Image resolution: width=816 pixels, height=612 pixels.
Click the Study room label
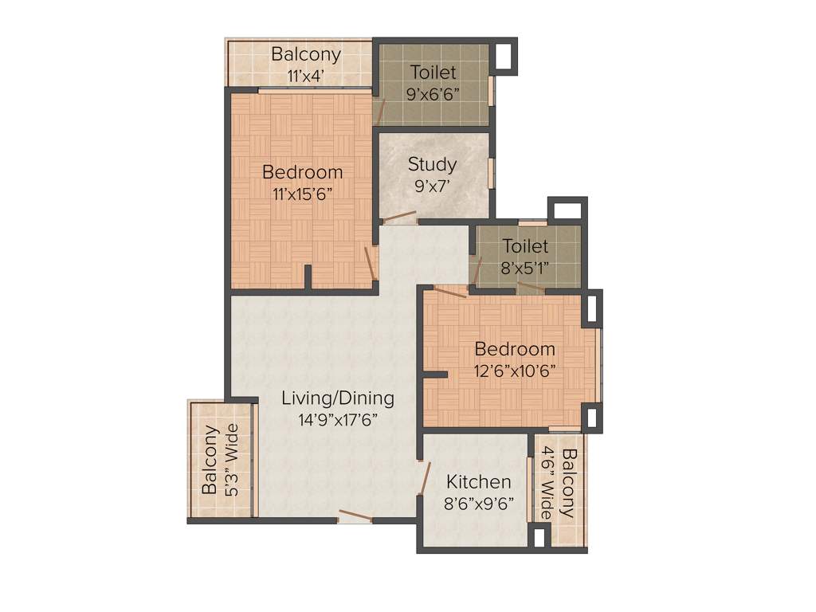[x=433, y=164]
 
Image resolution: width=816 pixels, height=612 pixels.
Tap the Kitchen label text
[x=478, y=482]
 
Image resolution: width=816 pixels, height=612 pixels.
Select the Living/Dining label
[x=338, y=398]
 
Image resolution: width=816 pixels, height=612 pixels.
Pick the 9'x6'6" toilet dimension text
[x=433, y=92]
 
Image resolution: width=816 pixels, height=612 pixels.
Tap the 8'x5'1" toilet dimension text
[x=525, y=268]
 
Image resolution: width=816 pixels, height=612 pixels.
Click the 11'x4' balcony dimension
[x=306, y=76]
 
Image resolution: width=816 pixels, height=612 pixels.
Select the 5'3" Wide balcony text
[x=233, y=460]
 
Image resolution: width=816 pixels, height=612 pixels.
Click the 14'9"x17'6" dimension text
[x=338, y=420]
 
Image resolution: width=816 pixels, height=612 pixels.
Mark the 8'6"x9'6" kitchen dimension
[x=478, y=503]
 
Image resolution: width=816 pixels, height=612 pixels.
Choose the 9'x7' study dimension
[x=433, y=186]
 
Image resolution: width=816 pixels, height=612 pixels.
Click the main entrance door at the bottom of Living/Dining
[x=355, y=516]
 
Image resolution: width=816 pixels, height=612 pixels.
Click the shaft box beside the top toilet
[x=504, y=57]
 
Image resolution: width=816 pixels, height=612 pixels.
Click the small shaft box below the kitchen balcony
[x=539, y=538]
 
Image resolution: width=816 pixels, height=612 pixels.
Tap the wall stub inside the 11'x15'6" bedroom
[x=308, y=276]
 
